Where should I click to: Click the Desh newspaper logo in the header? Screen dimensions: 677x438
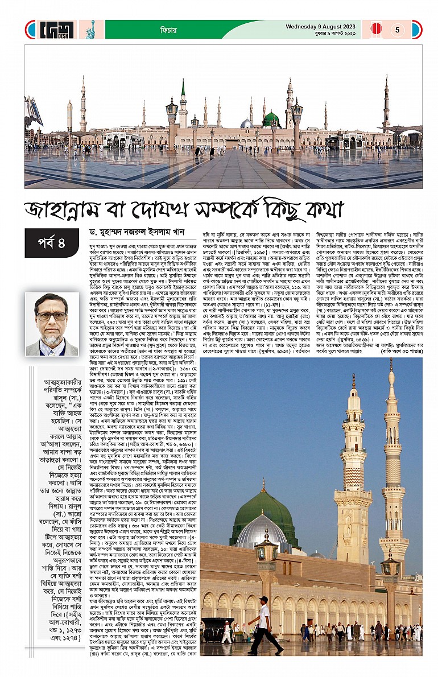tap(57, 29)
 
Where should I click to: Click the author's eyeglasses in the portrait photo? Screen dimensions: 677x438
tap(51, 316)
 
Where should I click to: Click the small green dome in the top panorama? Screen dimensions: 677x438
tap(271, 119)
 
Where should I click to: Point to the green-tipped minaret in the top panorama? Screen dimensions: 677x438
tap(183, 102)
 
